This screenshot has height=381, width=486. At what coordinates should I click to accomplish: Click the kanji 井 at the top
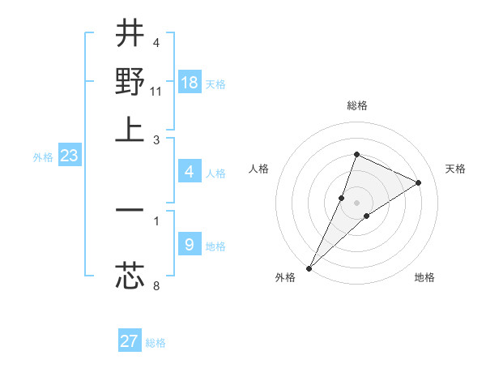click(130, 35)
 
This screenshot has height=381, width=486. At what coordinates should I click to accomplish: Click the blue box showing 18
click(190, 82)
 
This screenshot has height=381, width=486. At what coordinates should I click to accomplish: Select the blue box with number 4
click(190, 171)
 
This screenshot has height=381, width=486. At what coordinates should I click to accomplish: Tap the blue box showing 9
click(190, 244)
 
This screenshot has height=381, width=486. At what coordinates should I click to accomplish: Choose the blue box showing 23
click(69, 156)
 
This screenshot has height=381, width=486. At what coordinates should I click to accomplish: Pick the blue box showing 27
click(130, 341)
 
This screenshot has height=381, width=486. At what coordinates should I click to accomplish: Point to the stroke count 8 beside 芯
click(156, 285)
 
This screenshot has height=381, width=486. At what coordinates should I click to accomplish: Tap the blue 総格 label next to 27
click(156, 343)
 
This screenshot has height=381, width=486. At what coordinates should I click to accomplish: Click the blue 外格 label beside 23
click(43, 157)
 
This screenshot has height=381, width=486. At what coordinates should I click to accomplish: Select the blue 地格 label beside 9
click(215, 246)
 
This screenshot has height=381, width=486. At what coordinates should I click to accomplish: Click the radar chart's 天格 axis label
click(456, 169)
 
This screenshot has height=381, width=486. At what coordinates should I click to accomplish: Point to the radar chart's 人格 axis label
click(258, 169)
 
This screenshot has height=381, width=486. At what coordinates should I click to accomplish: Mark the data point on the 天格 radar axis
click(419, 182)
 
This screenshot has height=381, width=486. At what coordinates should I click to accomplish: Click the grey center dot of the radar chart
click(356, 203)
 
